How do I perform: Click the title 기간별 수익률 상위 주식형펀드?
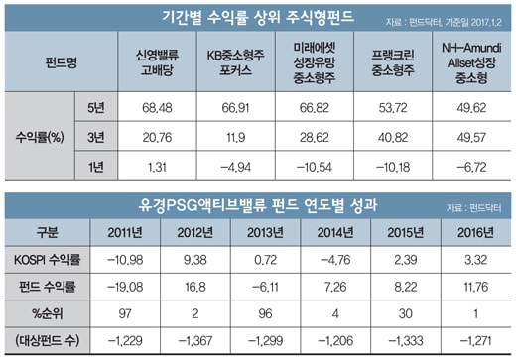258,17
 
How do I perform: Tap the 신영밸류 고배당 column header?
157,62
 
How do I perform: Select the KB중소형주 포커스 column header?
236,62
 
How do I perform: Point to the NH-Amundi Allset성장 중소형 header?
471,62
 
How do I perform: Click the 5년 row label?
96,107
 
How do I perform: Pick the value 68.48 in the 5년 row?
157,108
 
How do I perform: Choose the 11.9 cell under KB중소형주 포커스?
236,137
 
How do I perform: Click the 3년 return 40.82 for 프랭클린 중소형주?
393,137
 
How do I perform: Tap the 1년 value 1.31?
157,167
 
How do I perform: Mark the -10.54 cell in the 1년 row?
315,167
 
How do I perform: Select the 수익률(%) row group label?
40,137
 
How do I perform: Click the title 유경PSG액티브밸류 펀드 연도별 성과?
258,205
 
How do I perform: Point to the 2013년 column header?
265,233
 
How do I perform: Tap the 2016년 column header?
475,233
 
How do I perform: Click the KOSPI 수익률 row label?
47,260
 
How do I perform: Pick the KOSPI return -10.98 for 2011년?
125,260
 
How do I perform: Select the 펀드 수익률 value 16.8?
195,287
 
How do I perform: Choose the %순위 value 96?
265,313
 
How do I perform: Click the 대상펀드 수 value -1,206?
335,341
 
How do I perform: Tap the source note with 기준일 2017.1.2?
444,22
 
